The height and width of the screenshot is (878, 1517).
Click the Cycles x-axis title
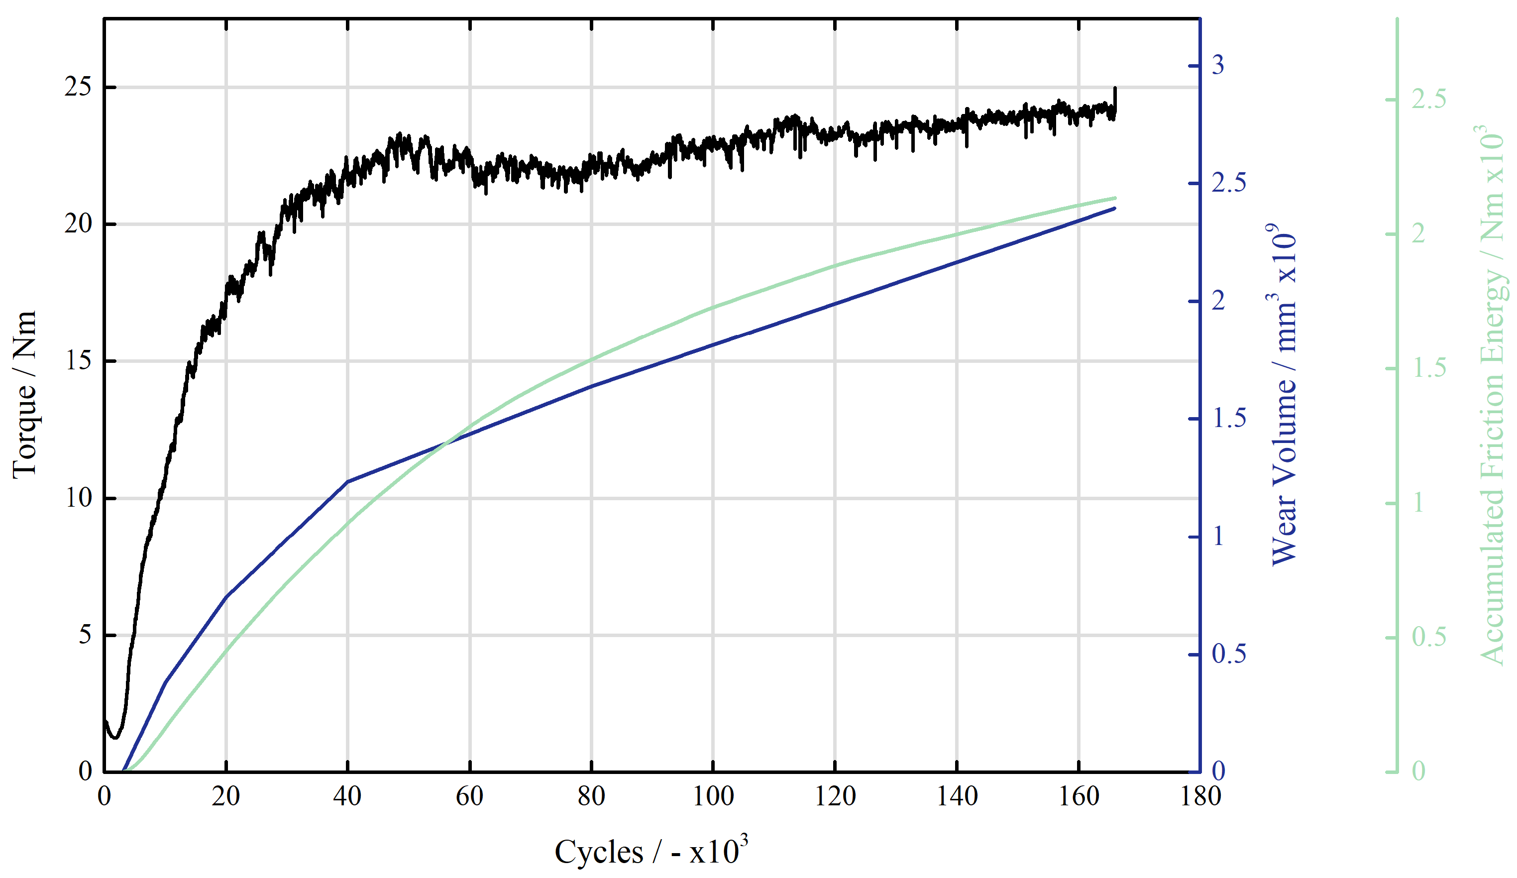[x=650, y=851]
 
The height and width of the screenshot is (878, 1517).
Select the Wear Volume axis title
[x=1283, y=394]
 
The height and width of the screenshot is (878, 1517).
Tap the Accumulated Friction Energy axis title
[x=1491, y=394]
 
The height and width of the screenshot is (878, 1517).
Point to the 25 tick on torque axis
[x=78, y=87]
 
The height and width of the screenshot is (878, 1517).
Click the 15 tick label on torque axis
[x=78, y=361]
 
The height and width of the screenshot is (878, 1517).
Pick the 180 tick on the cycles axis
[x=1200, y=796]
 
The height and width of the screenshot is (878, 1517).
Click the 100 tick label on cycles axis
[x=713, y=796]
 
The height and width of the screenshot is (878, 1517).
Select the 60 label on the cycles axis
[x=469, y=796]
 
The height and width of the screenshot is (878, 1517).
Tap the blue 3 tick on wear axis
[x=1218, y=65]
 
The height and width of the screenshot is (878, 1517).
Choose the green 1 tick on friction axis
[x=1418, y=503]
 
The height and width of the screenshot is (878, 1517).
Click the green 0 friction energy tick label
[x=1418, y=771]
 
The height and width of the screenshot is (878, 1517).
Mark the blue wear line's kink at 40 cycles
[x=348, y=482]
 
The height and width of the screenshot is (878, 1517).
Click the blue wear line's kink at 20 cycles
[x=226, y=596]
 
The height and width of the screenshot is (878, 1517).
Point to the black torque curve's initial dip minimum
[x=115, y=737]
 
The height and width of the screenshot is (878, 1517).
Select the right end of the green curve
[x=1115, y=198]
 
